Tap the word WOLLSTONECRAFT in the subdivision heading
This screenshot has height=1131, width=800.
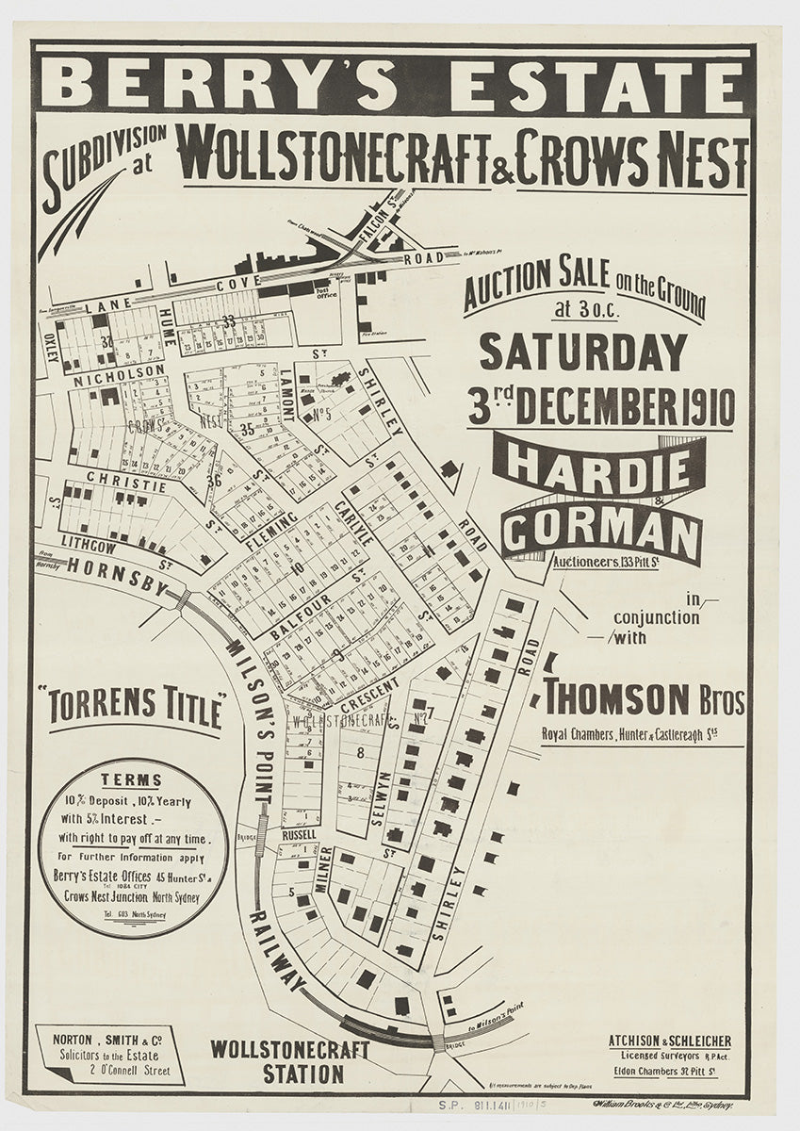click(x=334, y=156)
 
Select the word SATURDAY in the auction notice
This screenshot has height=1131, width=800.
click(x=582, y=352)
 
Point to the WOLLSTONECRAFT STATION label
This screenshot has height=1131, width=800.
click(x=277, y=1061)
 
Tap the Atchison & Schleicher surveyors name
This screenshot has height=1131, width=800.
click(x=669, y=1041)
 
